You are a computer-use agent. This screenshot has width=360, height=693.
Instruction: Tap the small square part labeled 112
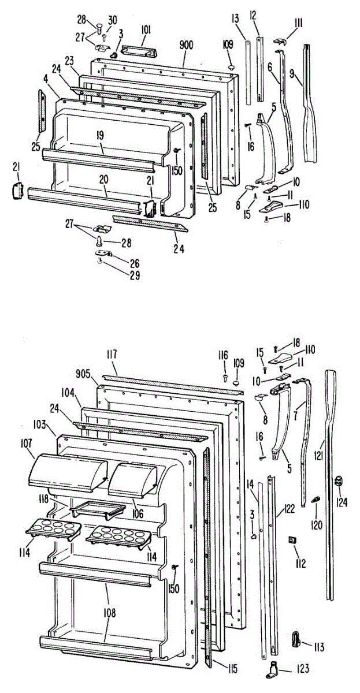[292, 539]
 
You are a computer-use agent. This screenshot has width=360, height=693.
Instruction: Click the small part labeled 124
[339, 480]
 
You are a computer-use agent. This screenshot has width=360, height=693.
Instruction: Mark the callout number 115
[232, 669]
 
